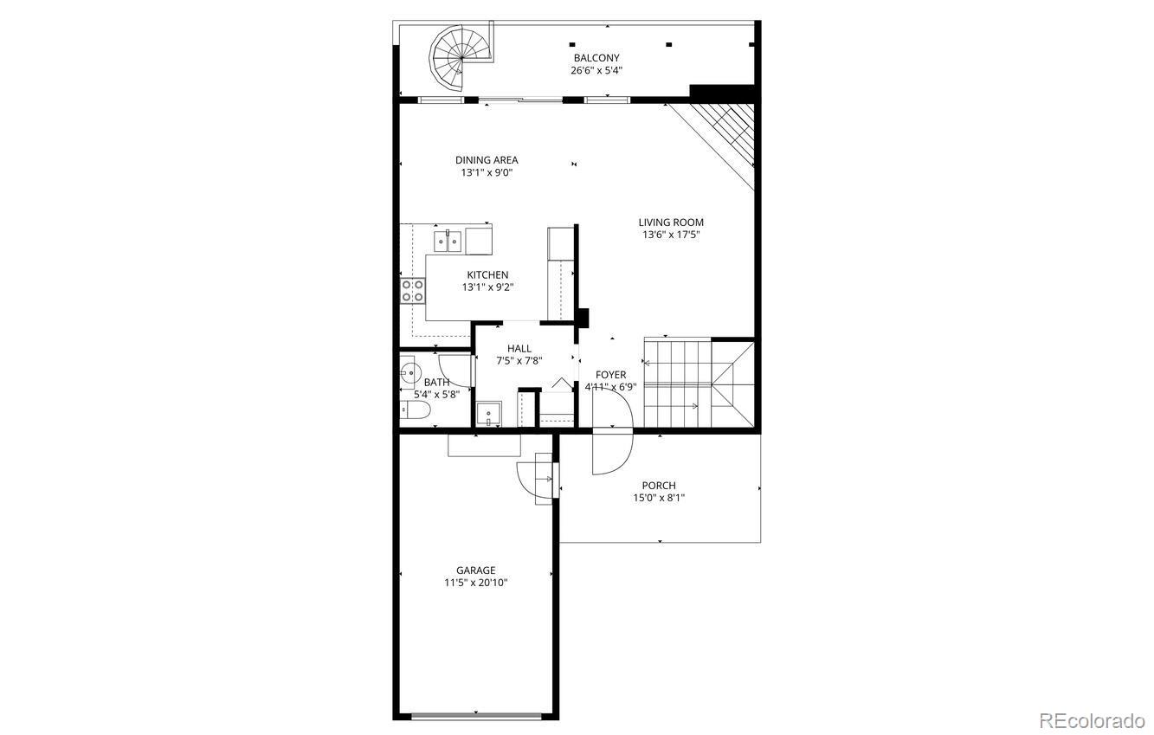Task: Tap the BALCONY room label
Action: pos(595,58)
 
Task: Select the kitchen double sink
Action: pos(447,240)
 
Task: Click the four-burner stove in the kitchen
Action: pos(412,290)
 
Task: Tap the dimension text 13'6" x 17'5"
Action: pos(671,235)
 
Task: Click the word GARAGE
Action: pos(476,571)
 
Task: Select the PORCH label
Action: pos(659,486)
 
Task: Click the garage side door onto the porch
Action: pos(534,480)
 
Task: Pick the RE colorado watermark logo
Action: pos(1092,720)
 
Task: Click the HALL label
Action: pos(519,349)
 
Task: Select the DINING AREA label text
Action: pos(487,160)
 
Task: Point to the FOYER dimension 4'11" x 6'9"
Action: pos(610,387)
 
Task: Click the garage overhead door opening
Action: pos(475,716)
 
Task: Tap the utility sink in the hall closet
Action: pos(489,415)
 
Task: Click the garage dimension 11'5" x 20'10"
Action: pos(475,583)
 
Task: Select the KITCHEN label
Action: pos(487,275)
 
